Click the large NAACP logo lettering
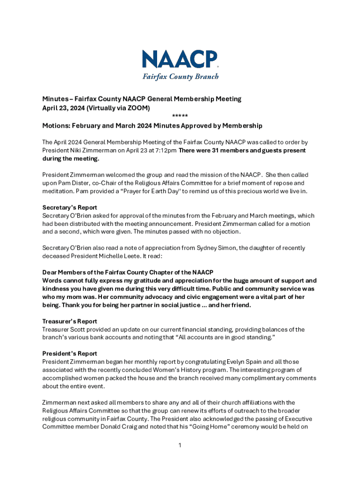180,60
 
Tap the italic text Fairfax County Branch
180,76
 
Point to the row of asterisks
180,116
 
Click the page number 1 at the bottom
180,444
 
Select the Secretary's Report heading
70,207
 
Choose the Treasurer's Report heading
70,321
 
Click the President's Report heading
70,353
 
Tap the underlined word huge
241,281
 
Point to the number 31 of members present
211,151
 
